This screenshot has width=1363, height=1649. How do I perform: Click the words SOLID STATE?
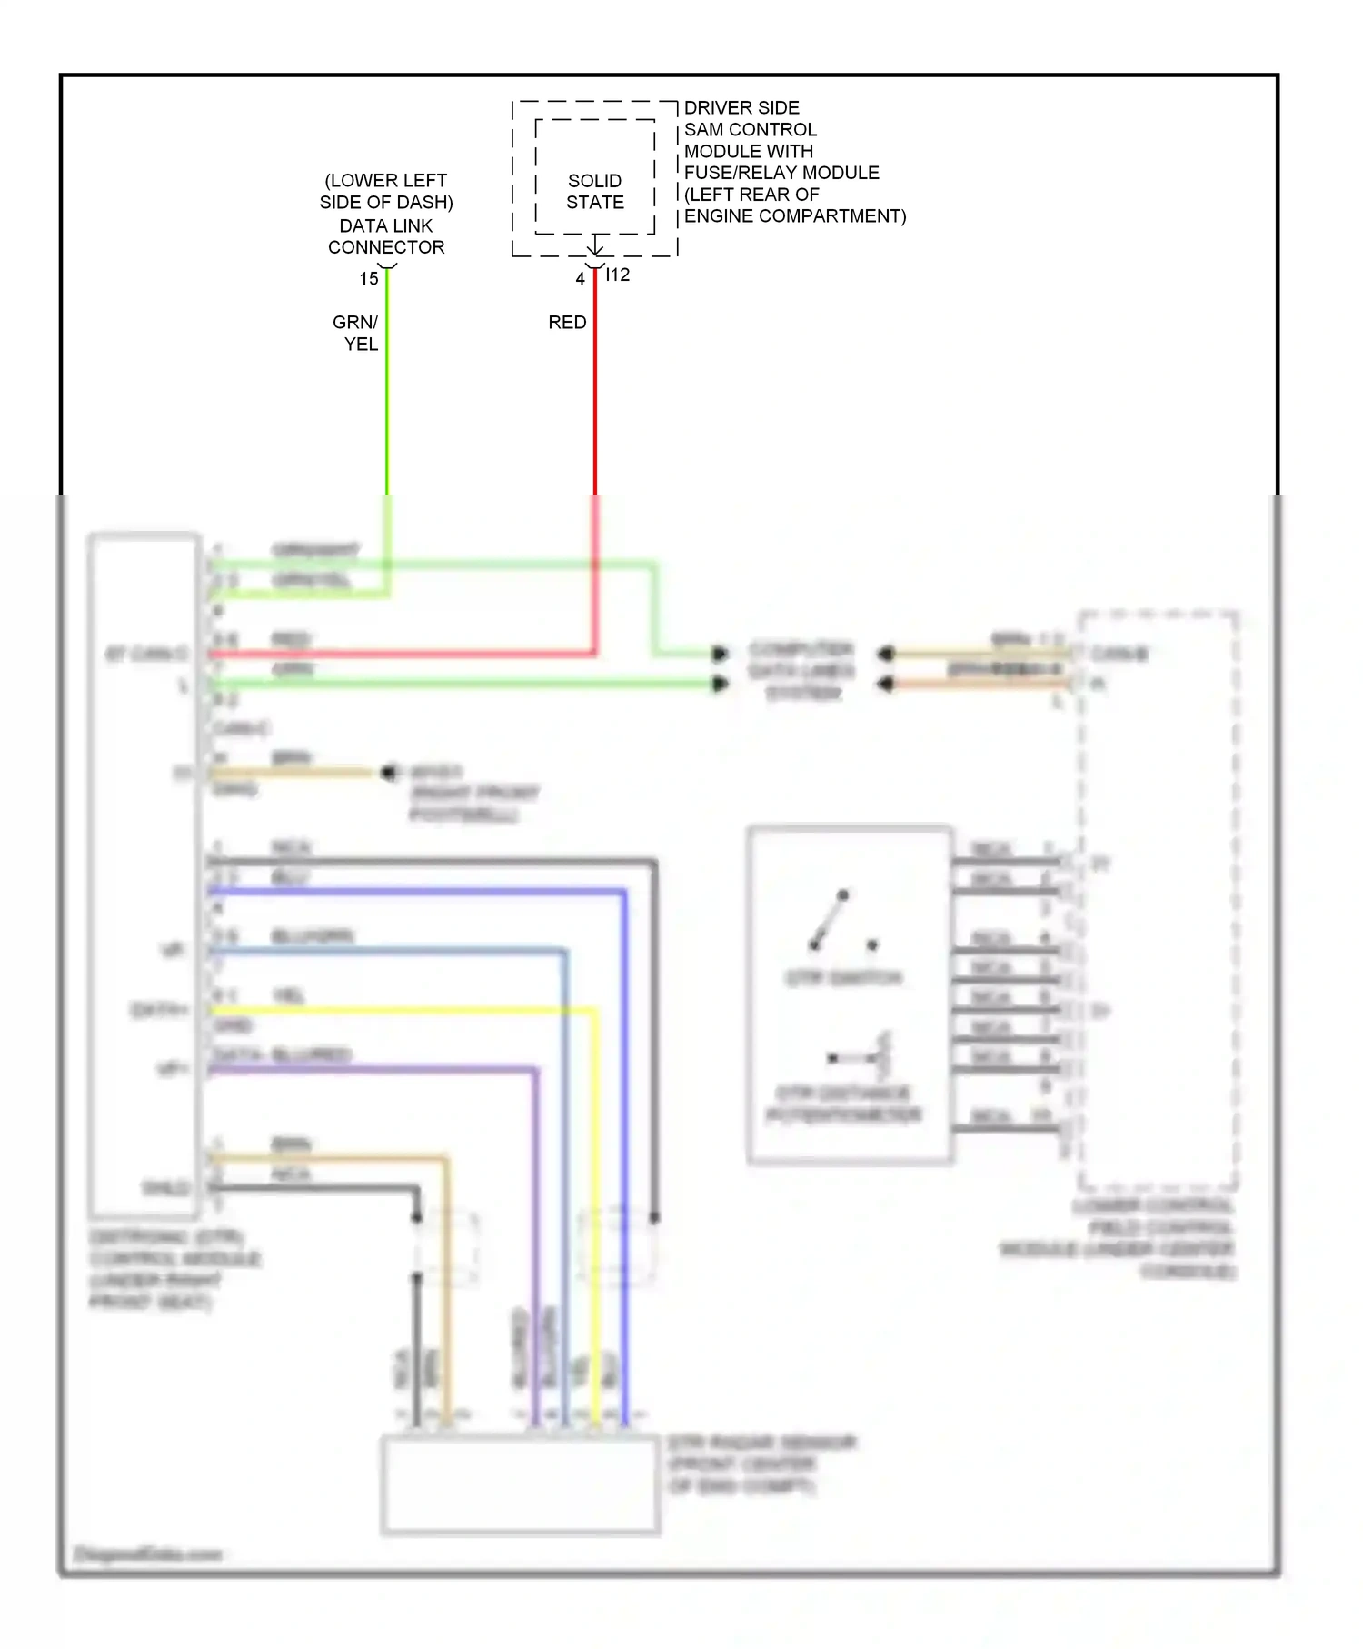(x=595, y=192)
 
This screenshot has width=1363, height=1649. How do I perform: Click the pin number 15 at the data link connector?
(x=369, y=279)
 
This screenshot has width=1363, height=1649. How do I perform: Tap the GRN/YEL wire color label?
(x=356, y=333)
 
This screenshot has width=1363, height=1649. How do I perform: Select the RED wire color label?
(x=567, y=323)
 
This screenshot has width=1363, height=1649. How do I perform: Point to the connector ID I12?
(x=618, y=275)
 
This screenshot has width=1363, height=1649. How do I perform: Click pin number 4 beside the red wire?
(x=580, y=279)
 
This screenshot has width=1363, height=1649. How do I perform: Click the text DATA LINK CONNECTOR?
(x=386, y=236)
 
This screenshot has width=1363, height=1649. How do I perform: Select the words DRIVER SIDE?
(x=741, y=107)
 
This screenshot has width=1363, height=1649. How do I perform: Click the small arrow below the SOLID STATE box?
(x=595, y=245)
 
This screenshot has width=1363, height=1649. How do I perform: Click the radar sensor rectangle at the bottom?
(x=520, y=1484)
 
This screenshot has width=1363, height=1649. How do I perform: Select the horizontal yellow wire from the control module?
(x=400, y=1010)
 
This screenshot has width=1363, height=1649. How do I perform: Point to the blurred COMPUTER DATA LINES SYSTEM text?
(x=801, y=671)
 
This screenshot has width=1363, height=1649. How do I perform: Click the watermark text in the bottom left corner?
(x=148, y=1554)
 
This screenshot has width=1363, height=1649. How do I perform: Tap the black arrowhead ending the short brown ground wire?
(x=388, y=773)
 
